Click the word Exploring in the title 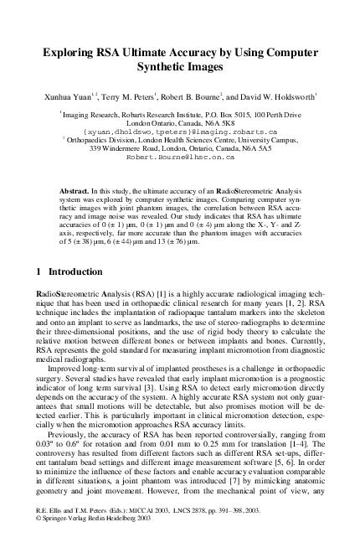[74, 52]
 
